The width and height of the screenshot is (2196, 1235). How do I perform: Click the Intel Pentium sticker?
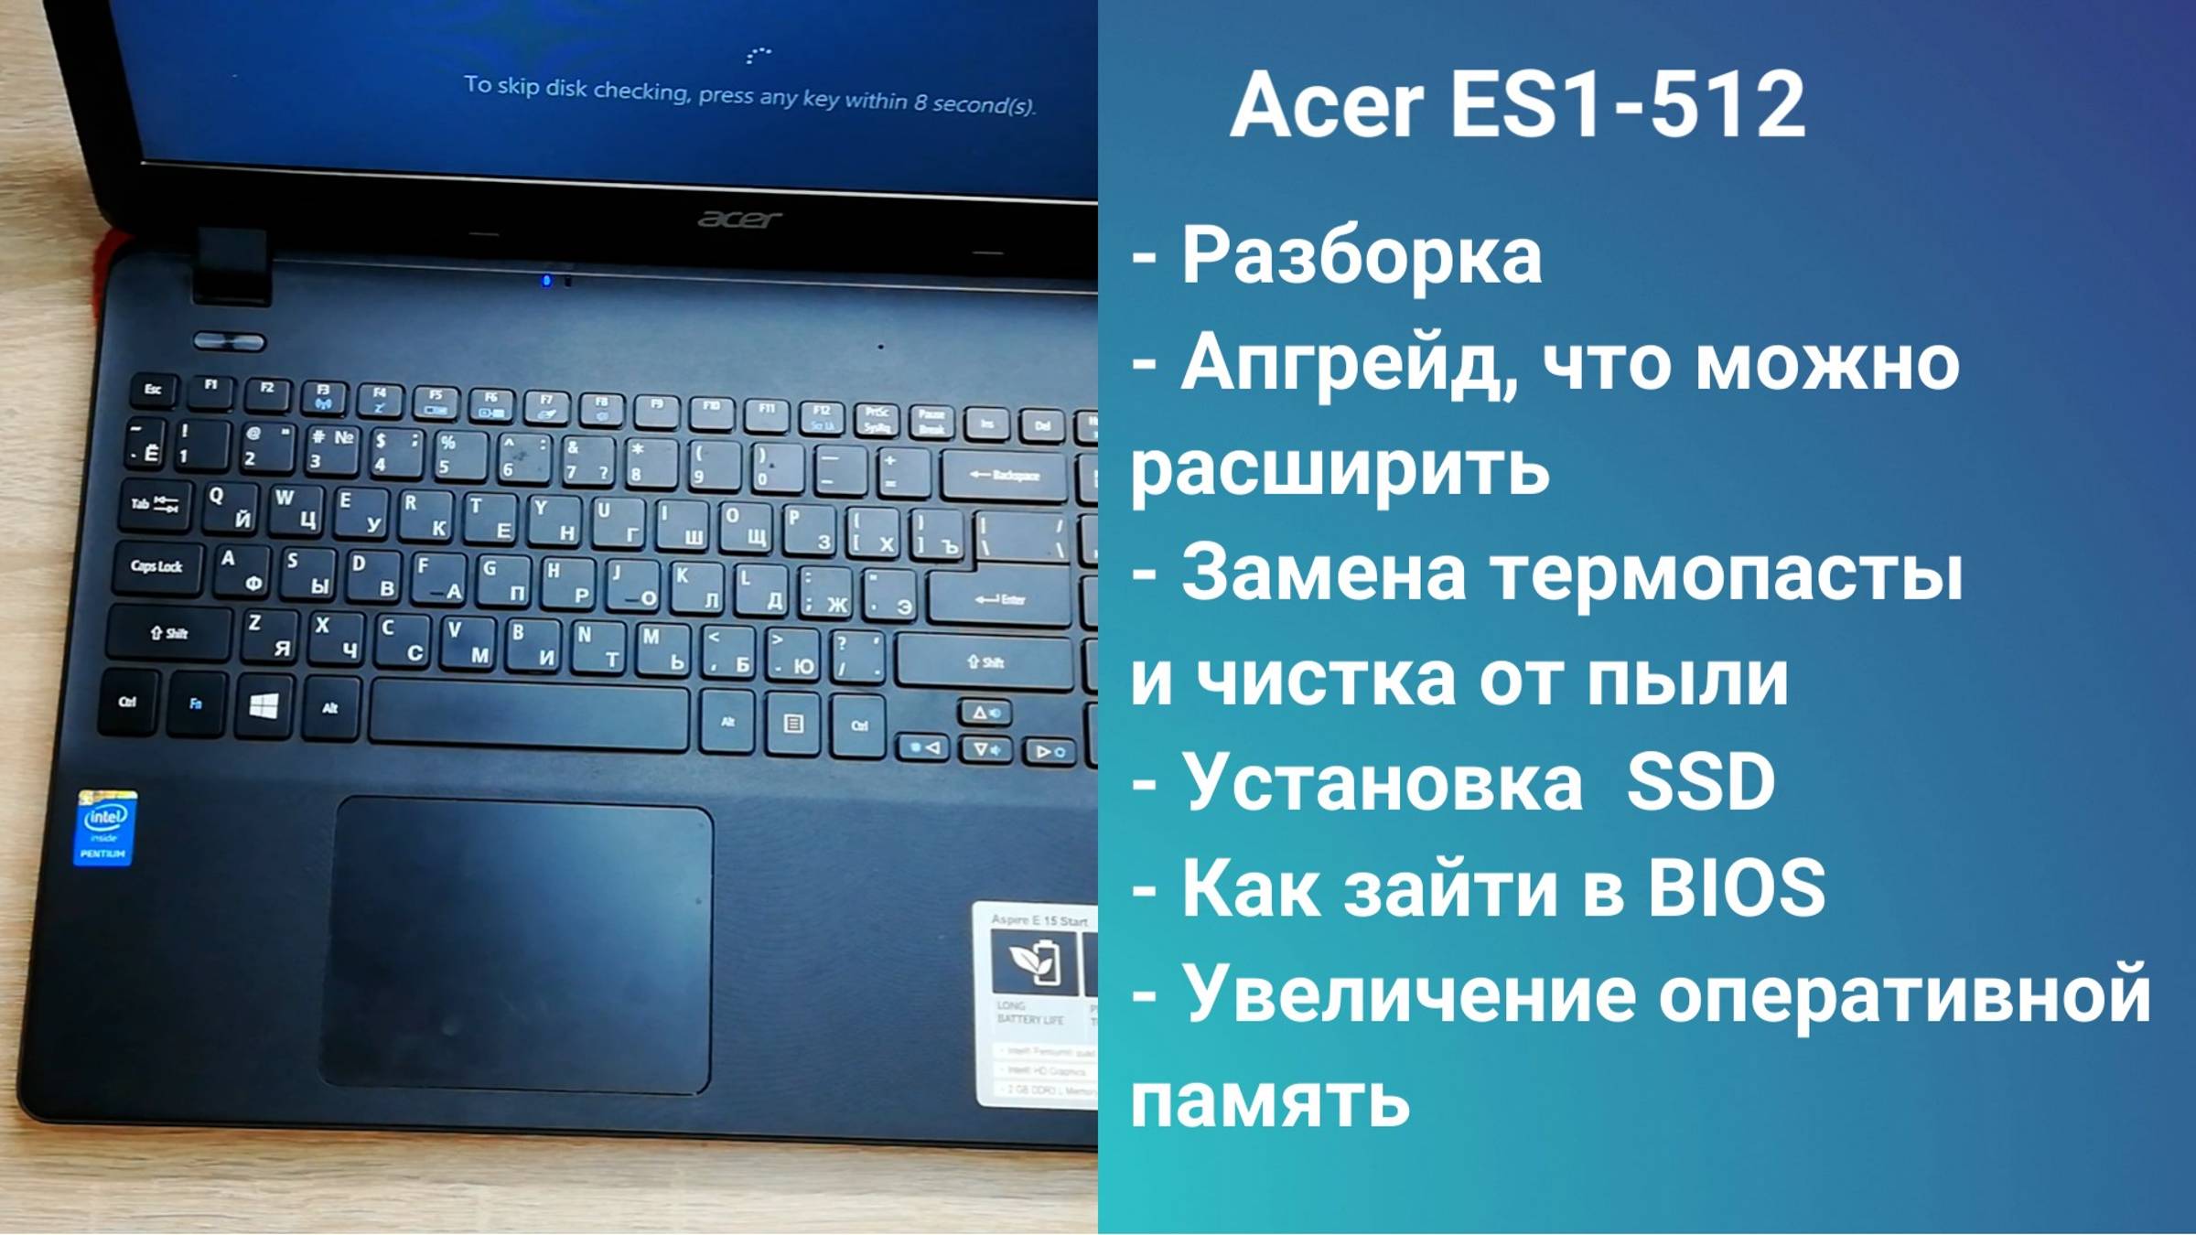[x=105, y=829]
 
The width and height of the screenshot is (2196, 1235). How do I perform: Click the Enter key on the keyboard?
[x=1000, y=598]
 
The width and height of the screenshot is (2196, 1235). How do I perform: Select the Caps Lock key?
[x=156, y=566]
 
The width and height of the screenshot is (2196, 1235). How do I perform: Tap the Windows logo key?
[x=264, y=705]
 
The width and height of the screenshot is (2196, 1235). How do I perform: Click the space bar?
[x=529, y=714]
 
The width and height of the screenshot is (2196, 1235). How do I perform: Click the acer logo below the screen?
[x=739, y=219]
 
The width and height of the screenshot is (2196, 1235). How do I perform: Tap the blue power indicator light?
[x=546, y=280]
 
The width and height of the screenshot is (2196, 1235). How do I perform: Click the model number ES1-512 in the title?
[x=1628, y=106]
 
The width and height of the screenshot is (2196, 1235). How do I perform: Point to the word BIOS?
[x=1736, y=887]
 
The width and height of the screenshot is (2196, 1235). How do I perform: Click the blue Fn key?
[x=195, y=703]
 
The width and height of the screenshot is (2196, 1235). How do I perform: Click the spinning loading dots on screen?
[x=758, y=55]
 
